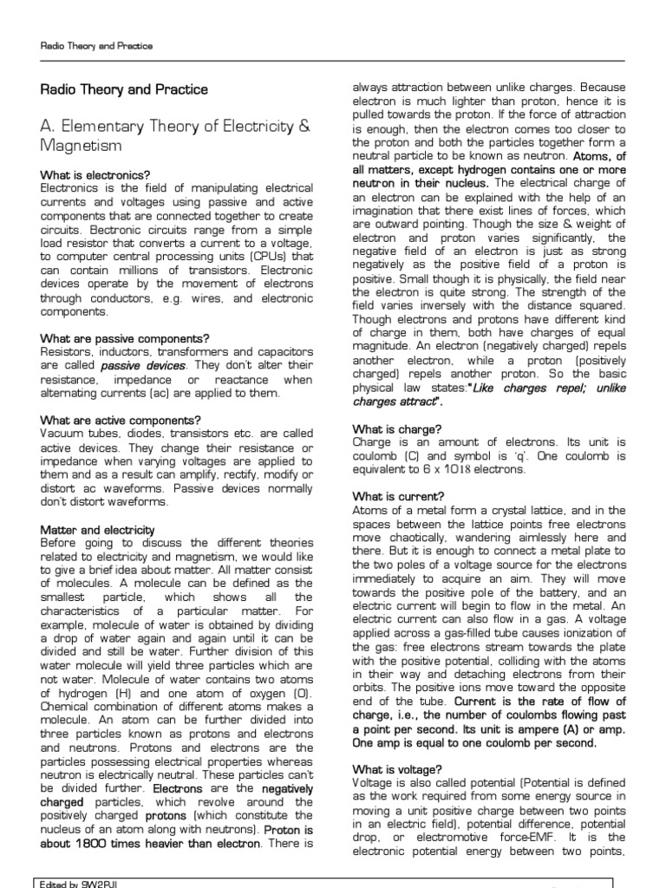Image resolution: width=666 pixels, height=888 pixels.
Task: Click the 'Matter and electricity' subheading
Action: (98, 529)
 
